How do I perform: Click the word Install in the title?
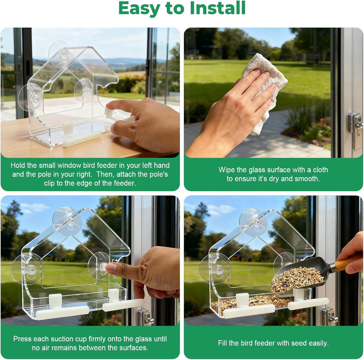click(217, 9)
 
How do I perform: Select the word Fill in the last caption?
click(223, 343)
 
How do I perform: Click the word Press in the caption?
click(22, 339)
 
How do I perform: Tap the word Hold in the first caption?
click(18, 165)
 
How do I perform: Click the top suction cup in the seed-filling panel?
click(253, 222)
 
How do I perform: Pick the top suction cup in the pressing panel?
click(68, 220)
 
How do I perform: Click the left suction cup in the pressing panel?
click(28, 269)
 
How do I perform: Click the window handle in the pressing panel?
click(146, 317)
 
